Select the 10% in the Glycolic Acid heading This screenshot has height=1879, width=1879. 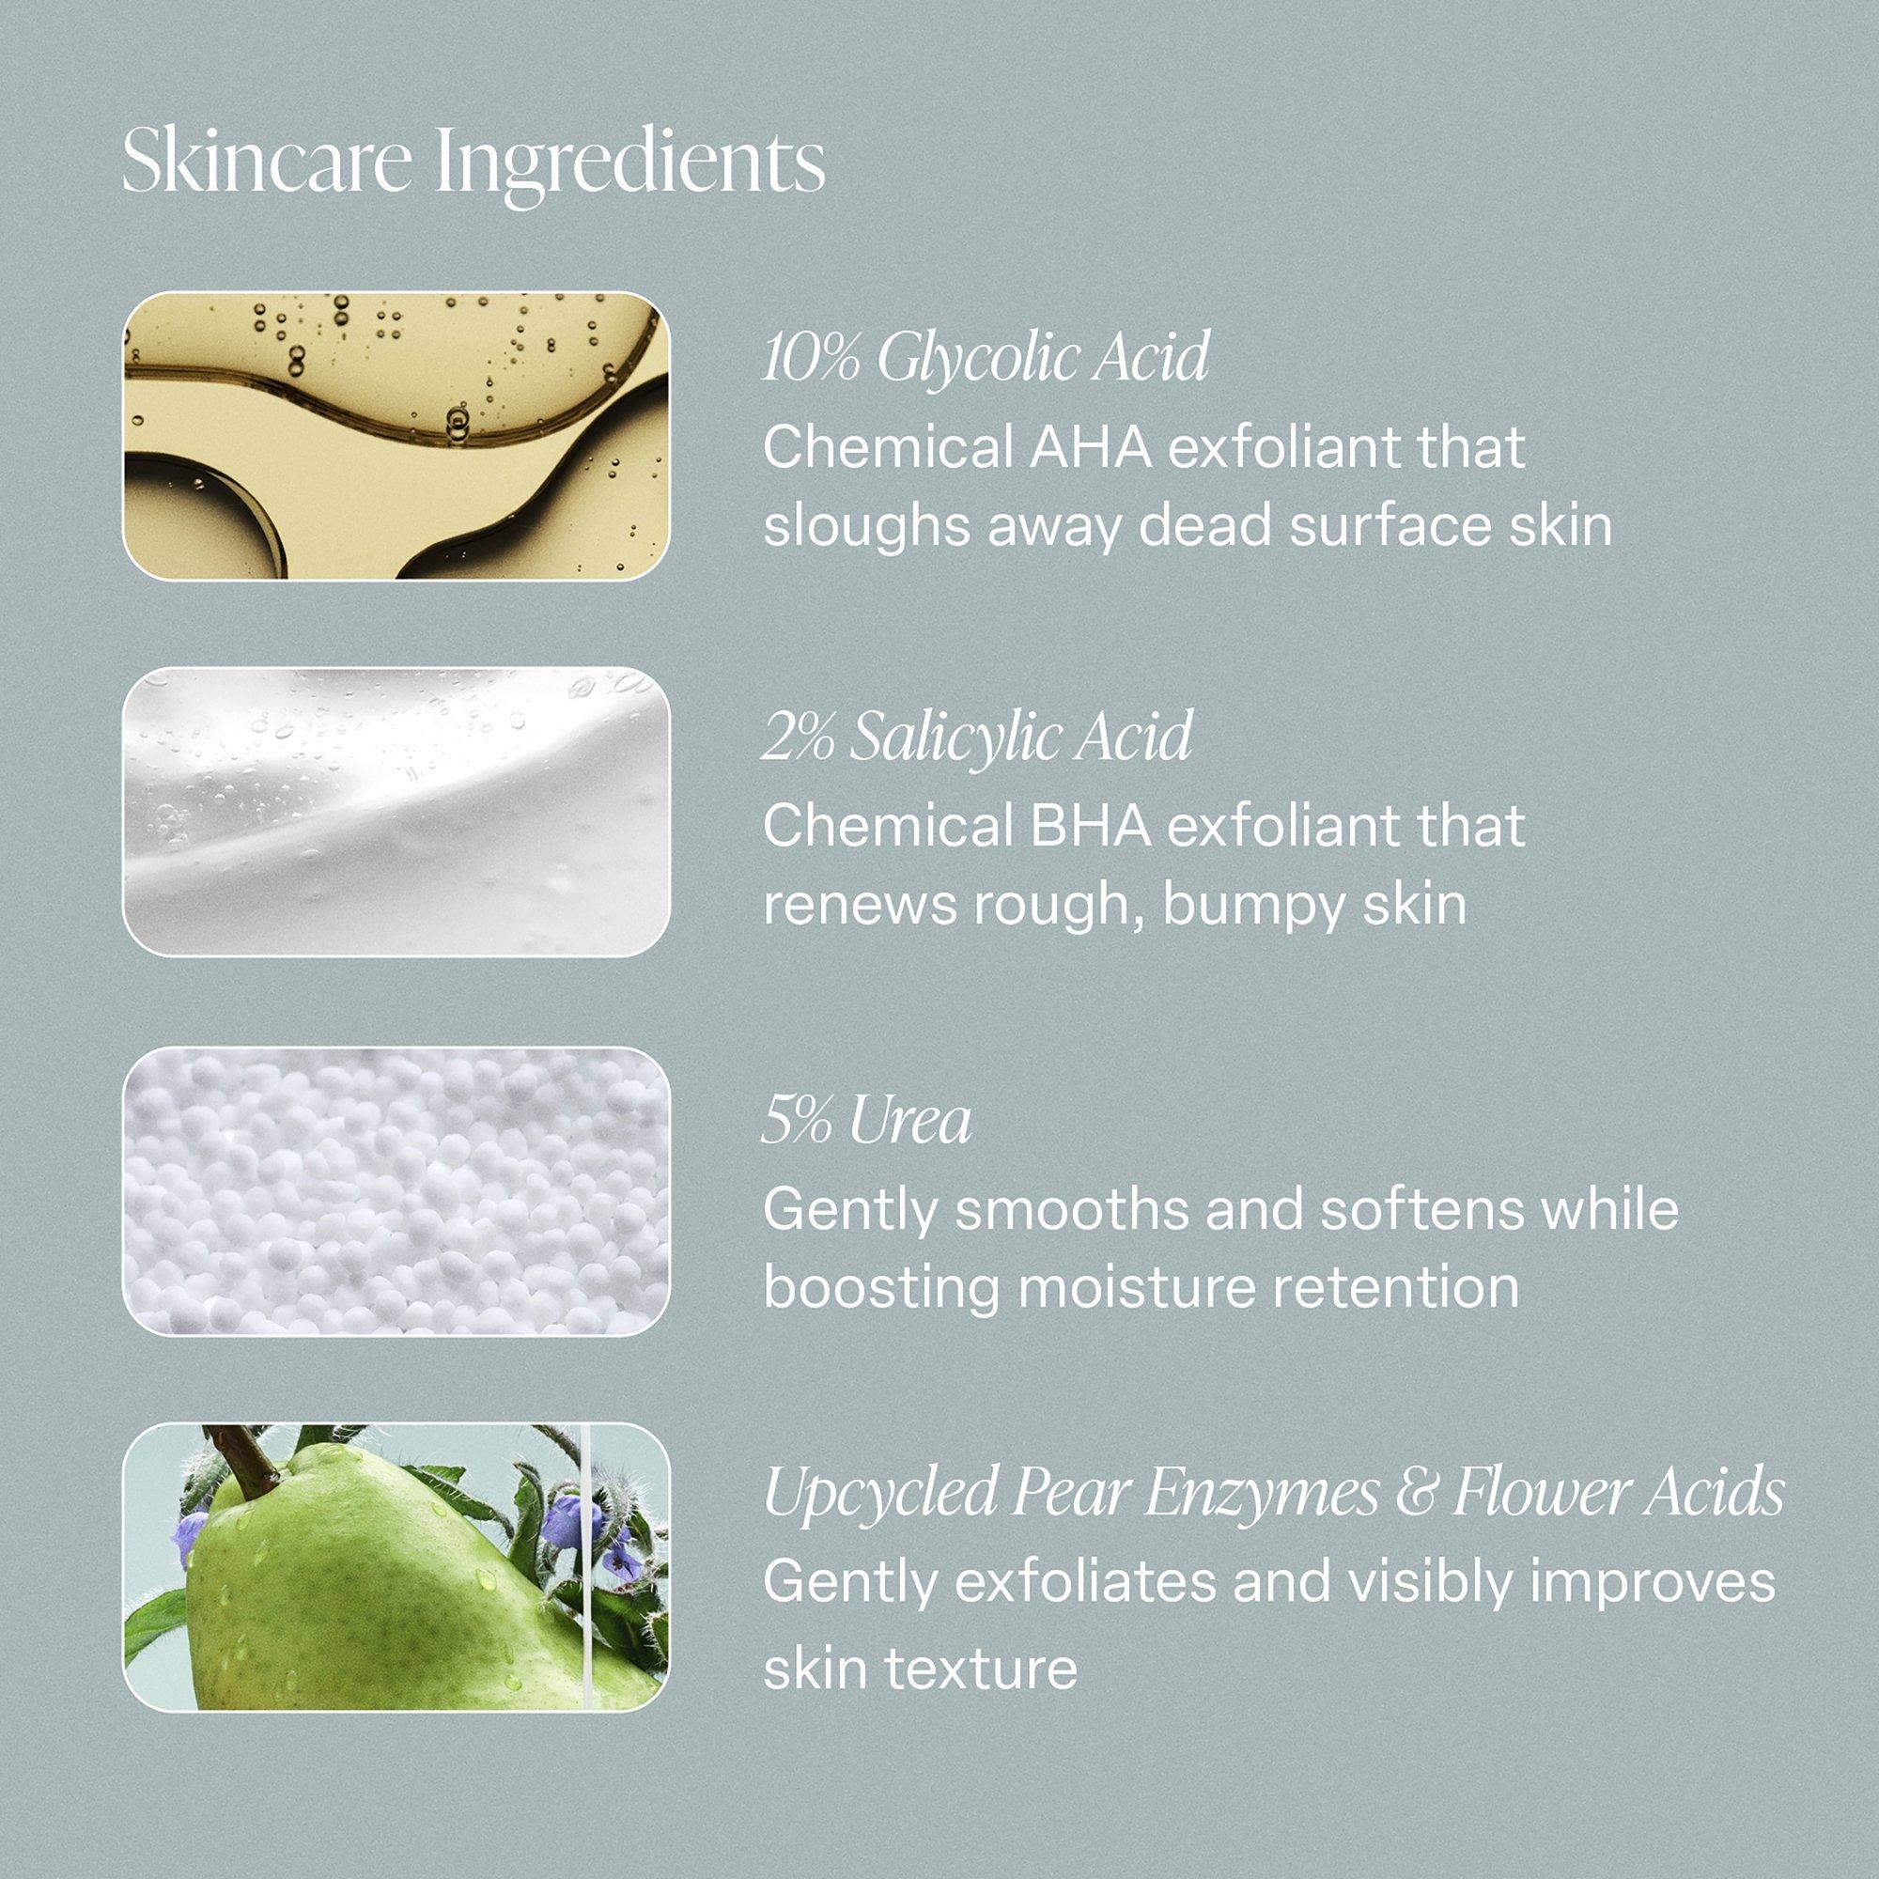coord(811,359)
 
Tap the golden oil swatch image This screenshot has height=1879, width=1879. coord(396,436)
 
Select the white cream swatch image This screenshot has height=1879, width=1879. coord(396,813)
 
